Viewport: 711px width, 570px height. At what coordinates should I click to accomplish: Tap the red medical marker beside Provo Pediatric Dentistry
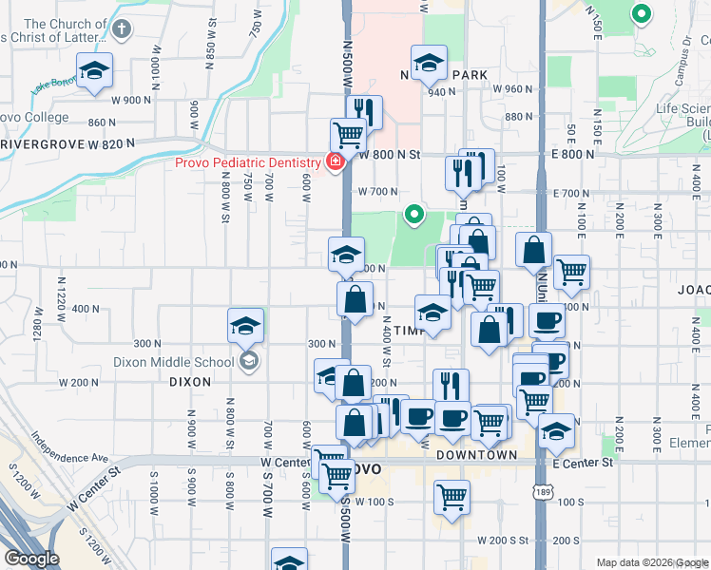point(334,162)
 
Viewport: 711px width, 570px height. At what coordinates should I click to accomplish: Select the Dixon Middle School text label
point(173,361)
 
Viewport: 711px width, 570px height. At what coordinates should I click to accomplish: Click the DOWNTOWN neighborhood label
point(476,455)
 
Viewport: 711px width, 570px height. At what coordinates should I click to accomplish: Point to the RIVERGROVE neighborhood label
point(43,143)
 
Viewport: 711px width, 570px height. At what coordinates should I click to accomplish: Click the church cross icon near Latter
point(120,28)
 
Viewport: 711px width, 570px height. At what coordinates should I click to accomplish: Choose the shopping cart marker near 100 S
point(452,497)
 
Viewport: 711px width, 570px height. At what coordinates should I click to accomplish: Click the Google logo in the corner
point(31,559)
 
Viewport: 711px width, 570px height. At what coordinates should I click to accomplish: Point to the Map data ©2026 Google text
point(651,562)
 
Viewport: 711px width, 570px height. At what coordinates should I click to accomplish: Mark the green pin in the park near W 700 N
point(413,215)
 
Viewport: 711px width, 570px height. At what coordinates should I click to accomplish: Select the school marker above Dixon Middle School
point(245,327)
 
